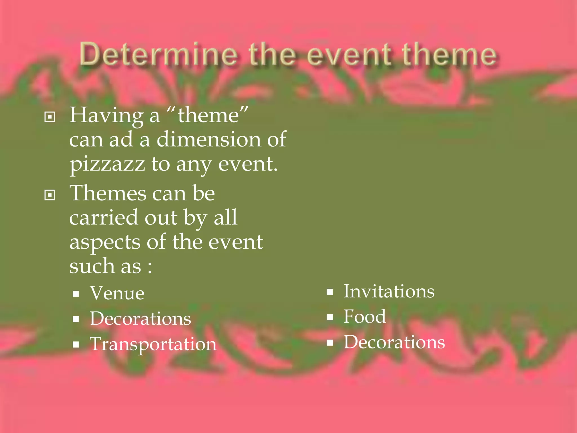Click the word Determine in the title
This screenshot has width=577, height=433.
158,54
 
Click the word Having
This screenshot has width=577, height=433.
106,116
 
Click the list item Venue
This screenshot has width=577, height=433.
117,293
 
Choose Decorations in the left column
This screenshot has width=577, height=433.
140,319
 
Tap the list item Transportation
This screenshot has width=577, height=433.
153,344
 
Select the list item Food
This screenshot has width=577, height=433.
365,317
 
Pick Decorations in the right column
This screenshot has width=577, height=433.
394,342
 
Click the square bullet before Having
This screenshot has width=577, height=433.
50,117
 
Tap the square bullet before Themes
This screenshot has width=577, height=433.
50,195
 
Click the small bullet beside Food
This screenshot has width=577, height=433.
330,318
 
